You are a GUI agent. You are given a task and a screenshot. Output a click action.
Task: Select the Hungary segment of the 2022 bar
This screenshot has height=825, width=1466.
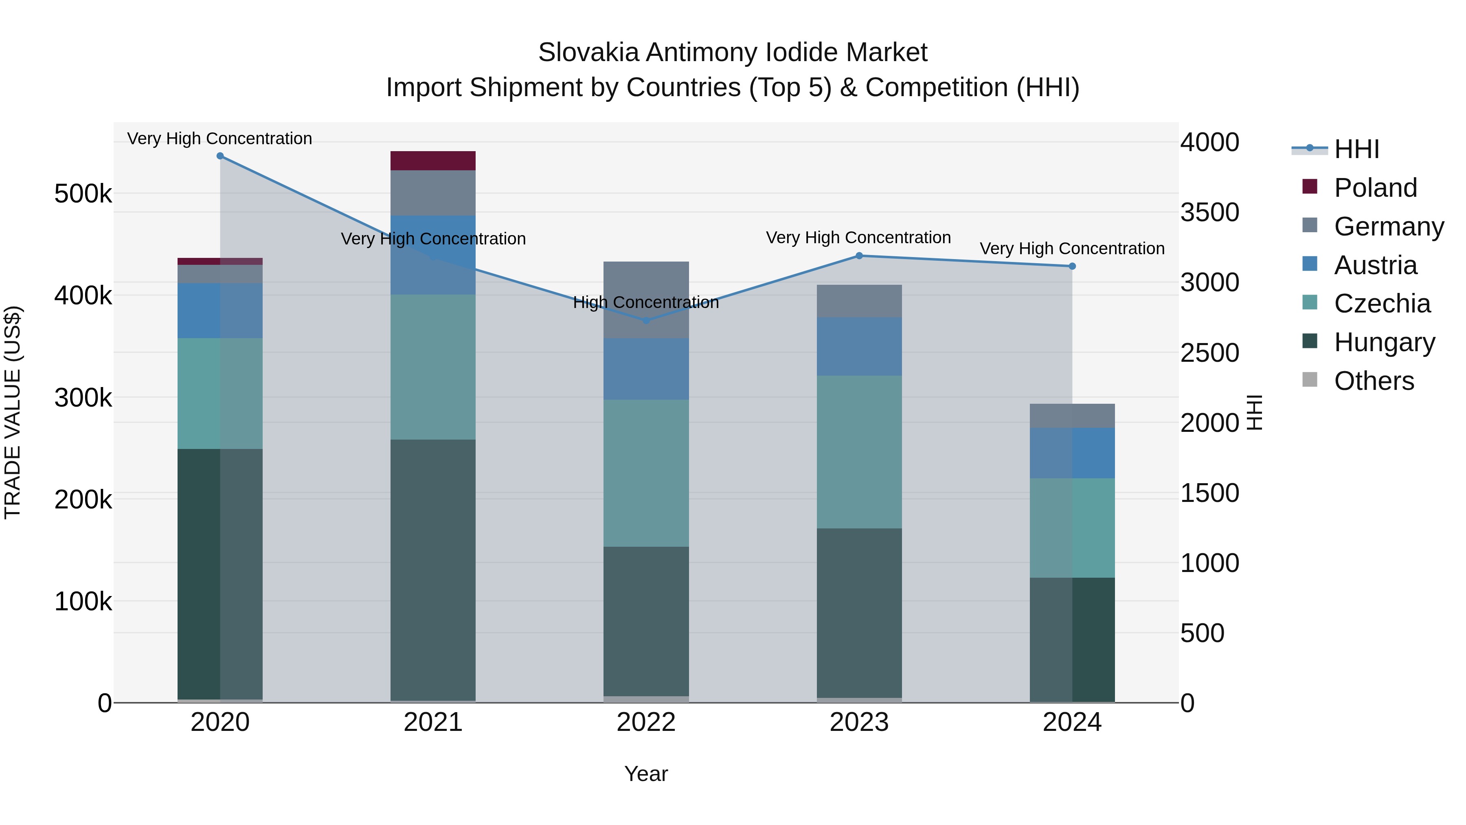646,620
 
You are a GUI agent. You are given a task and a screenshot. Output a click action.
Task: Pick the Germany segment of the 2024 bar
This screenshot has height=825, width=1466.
1072,416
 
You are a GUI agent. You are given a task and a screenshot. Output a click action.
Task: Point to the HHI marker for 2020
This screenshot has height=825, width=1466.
220,156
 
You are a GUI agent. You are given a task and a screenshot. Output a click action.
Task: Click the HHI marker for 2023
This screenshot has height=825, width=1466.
859,255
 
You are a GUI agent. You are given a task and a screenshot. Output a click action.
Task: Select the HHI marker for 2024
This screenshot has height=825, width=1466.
1072,266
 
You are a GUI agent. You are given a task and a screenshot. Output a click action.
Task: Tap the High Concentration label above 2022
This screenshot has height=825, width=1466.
646,302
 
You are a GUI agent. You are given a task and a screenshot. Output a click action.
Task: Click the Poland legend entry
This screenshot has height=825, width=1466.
1375,187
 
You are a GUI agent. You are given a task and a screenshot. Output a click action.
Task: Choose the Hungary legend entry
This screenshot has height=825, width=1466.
1384,342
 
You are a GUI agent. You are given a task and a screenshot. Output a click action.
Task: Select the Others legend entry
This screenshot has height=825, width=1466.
1374,381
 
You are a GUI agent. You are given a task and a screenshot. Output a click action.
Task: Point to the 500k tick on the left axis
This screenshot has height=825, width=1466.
83,194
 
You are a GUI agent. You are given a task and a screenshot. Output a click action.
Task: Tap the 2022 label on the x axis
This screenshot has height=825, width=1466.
646,722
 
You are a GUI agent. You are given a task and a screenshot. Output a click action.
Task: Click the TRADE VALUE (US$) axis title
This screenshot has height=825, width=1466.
13,412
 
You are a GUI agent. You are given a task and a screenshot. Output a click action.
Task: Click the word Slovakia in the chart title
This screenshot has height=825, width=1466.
588,53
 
